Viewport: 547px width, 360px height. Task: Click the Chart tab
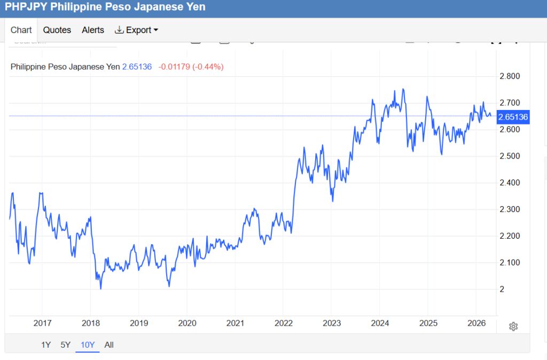click(21, 30)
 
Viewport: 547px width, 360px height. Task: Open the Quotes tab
click(57, 30)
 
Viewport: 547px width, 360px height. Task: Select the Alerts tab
click(93, 30)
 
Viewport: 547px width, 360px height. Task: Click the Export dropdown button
click(137, 30)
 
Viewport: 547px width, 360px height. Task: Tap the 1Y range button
click(46, 345)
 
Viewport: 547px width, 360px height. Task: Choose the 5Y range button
click(65, 345)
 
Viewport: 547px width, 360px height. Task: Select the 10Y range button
click(88, 345)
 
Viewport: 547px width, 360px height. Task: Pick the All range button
click(109, 345)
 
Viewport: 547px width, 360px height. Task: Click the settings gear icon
click(513, 326)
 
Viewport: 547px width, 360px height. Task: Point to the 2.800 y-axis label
click(510, 76)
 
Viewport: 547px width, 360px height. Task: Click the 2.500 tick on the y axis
click(510, 156)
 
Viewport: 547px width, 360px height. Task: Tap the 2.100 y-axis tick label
click(510, 262)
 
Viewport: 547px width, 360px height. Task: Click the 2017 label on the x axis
click(42, 323)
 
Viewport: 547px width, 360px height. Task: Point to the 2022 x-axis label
click(284, 323)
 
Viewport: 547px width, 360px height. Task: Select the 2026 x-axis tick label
click(476, 323)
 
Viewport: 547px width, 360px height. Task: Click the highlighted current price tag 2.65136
click(513, 117)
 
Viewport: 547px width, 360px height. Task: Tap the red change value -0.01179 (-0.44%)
click(191, 67)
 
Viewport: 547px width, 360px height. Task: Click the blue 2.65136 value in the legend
click(137, 67)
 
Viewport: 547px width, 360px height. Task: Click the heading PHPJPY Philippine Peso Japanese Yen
click(105, 7)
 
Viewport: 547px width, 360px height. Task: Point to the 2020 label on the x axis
click(187, 323)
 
